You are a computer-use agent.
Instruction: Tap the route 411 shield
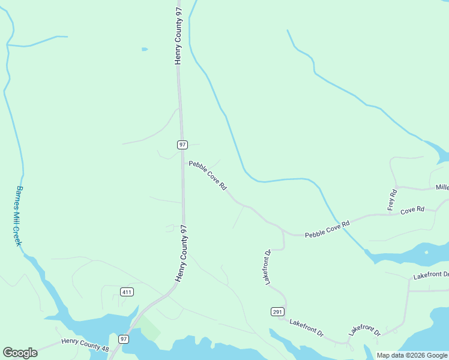pyautogui.click(x=127, y=292)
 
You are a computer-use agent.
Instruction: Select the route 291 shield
pyautogui.click(x=277, y=311)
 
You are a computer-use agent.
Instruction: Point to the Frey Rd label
pyautogui.click(x=393, y=200)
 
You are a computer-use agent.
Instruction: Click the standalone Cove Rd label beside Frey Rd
pyautogui.click(x=412, y=210)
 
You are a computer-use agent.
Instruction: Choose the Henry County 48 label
pyautogui.click(x=85, y=345)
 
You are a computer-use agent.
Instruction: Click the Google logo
pyautogui.click(x=20, y=353)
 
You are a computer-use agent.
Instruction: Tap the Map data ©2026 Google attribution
pyautogui.click(x=412, y=355)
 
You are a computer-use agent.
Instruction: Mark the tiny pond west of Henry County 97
pyautogui.click(x=144, y=49)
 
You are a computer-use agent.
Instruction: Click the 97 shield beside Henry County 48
pyautogui.click(x=123, y=339)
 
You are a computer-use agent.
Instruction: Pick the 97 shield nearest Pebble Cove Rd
pyautogui.click(x=182, y=145)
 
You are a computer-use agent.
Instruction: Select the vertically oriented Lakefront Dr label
pyautogui.click(x=268, y=266)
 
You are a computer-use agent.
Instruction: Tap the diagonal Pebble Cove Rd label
pyautogui.click(x=208, y=175)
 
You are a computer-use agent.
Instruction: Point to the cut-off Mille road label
pyautogui.click(x=442, y=188)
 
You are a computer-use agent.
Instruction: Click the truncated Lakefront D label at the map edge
pyautogui.click(x=430, y=275)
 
